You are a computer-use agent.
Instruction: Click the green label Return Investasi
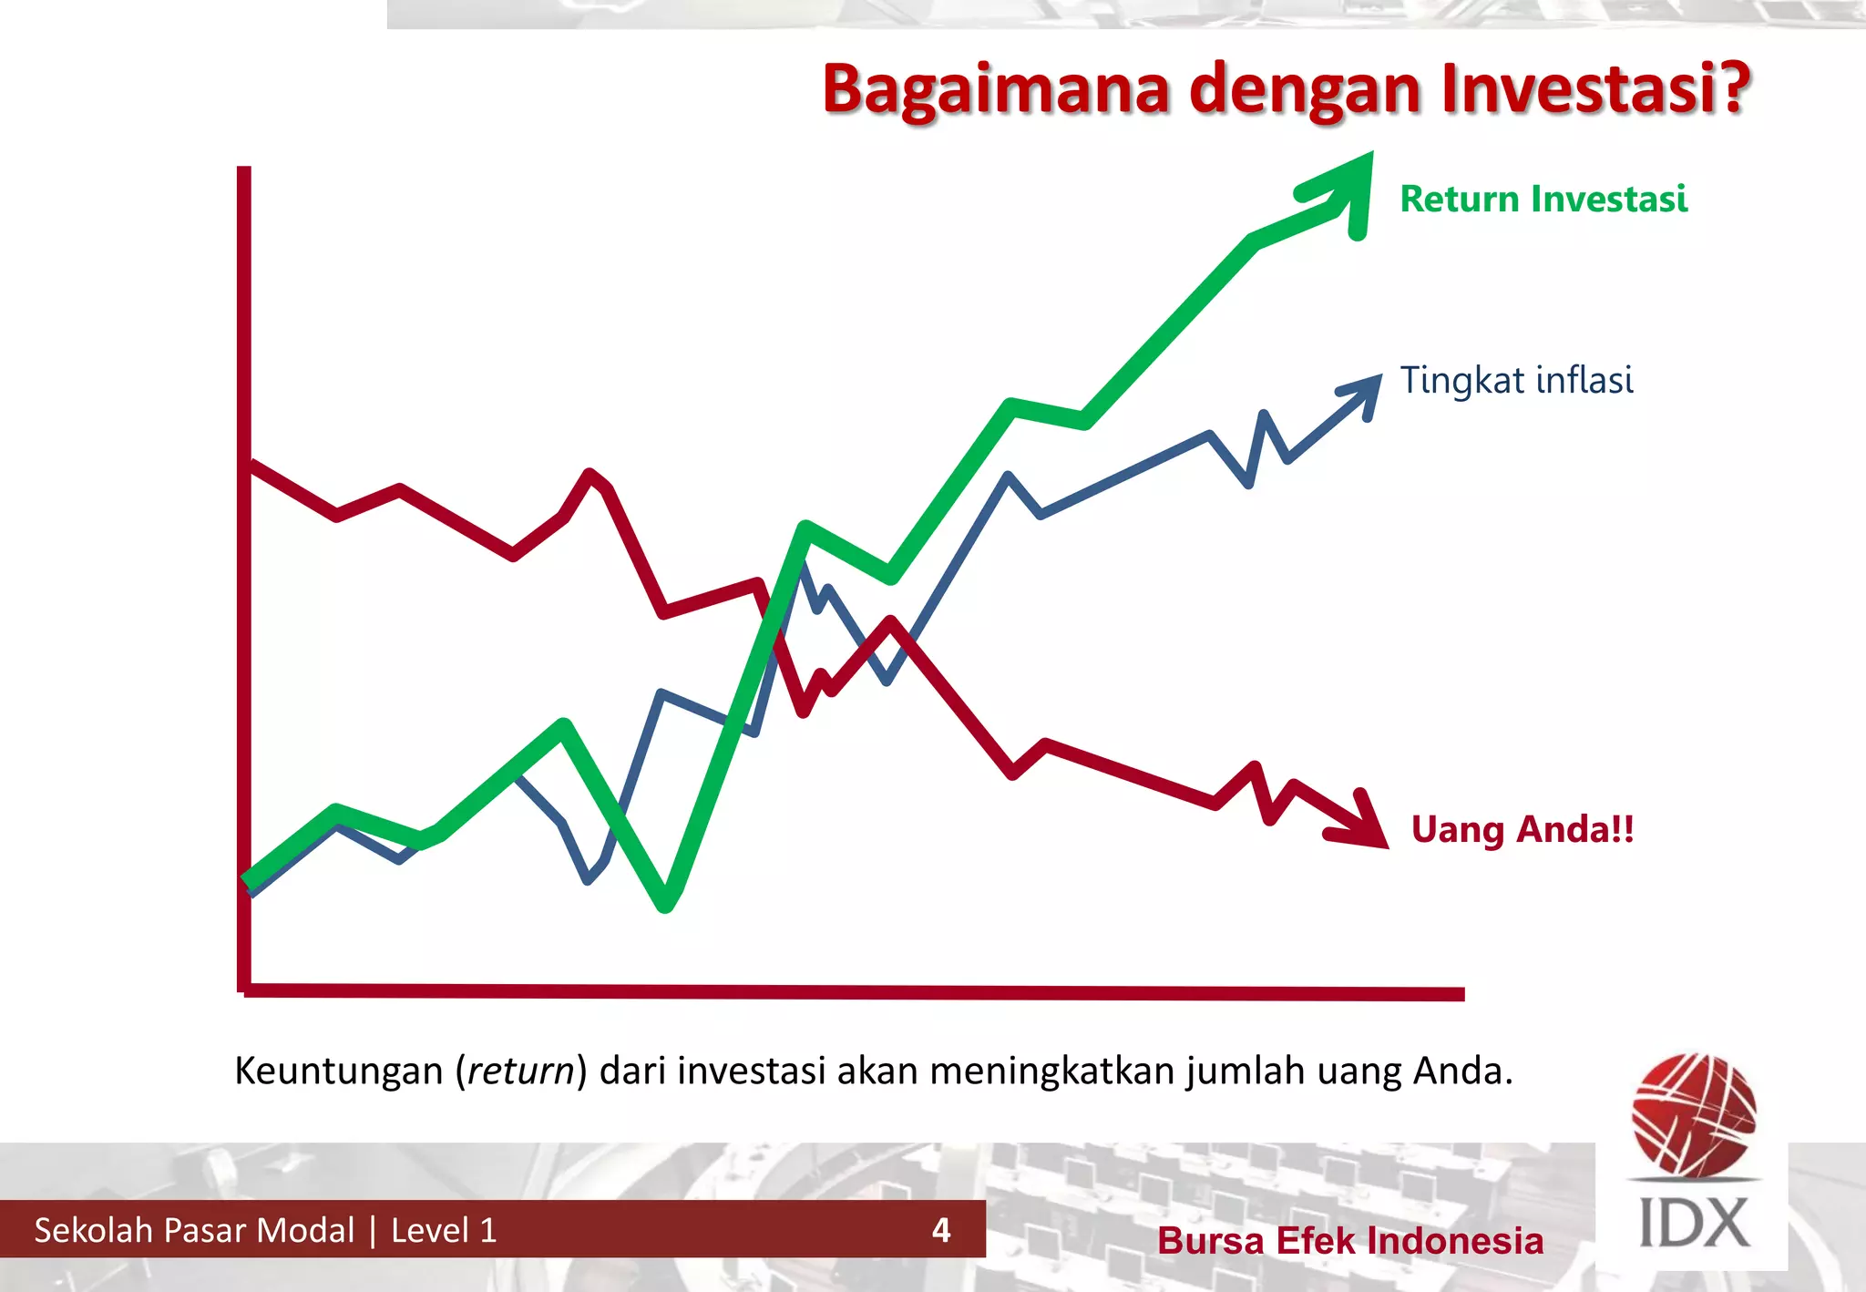1543,199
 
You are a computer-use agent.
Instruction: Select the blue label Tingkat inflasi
1516,380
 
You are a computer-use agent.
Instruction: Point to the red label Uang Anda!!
1523,829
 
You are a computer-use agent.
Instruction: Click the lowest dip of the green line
666,902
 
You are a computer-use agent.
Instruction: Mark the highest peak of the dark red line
590,475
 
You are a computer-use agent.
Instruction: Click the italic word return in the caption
521,1071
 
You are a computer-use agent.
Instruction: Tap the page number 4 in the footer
941,1230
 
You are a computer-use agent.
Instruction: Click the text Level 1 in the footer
444,1230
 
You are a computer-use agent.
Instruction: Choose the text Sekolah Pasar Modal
194,1230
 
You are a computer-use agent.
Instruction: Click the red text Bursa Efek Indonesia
1350,1241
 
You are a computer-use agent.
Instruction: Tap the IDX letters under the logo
1694,1223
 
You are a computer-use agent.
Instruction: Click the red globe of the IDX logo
1694,1113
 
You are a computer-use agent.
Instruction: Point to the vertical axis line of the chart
244,583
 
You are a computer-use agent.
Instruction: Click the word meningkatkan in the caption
1055,1071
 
